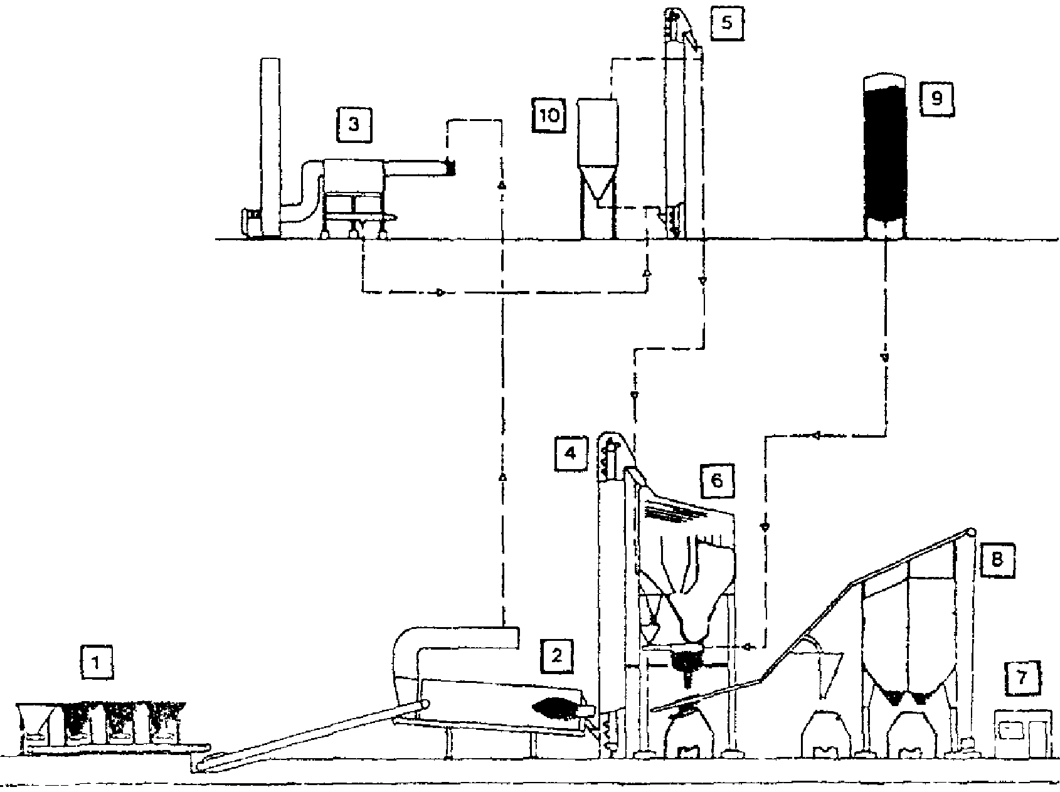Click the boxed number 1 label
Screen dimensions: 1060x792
(96, 663)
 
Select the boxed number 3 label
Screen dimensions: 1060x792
(354, 124)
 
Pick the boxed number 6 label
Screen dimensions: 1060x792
(717, 480)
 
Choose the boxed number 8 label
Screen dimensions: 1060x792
(996, 559)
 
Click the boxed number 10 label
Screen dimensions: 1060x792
(549, 115)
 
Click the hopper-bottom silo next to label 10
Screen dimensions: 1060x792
(597, 167)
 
